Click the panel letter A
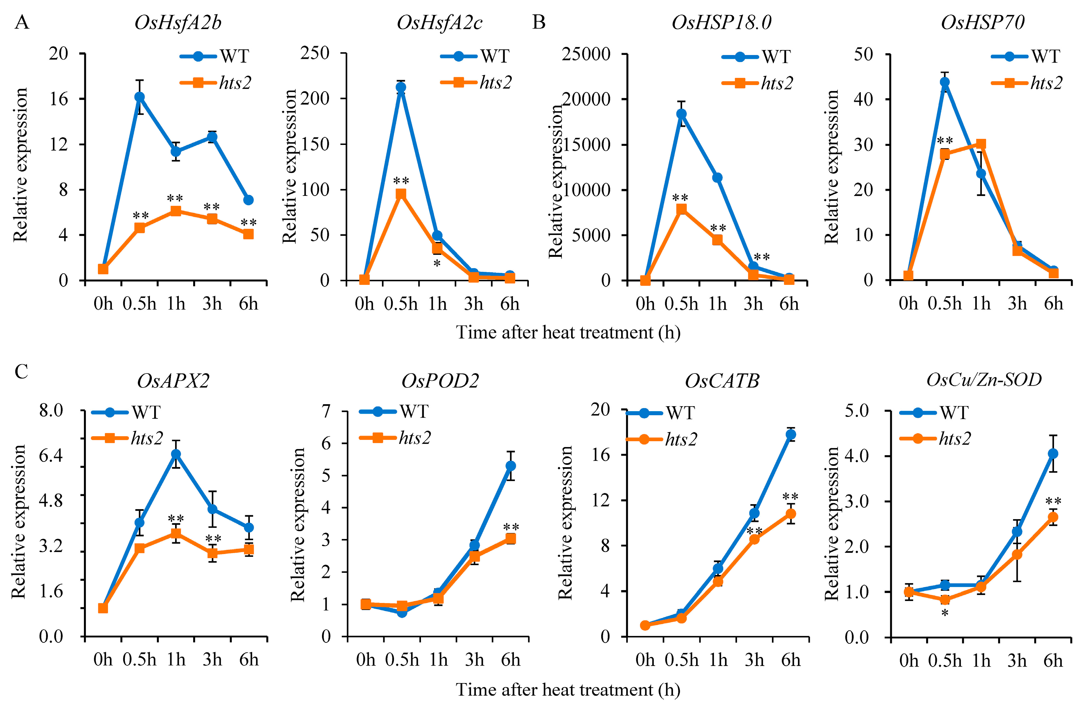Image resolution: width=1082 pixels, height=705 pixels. (22, 22)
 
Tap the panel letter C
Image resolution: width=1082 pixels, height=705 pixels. (21, 371)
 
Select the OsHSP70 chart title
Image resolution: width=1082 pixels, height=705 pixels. (982, 22)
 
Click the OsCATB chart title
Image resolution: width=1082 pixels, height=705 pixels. (722, 380)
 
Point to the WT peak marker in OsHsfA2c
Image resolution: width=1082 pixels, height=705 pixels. (401, 87)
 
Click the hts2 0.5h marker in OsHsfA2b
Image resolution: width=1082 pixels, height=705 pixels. (140, 228)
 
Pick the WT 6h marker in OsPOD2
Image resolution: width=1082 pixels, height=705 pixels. (511, 466)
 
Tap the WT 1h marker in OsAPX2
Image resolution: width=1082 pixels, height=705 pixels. (176, 454)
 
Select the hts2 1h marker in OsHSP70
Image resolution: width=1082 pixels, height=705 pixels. (981, 144)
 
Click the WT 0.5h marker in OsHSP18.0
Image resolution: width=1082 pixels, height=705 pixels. (681, 114)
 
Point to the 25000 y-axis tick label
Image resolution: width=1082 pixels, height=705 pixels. (585, 54)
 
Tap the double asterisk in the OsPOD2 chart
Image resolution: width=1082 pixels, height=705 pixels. (511, 528)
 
